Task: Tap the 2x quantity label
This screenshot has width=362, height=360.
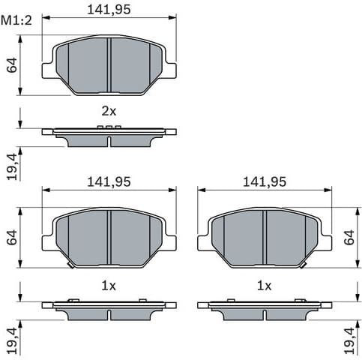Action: coord(109,111)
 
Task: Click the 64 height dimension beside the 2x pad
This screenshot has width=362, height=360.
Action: coord(12,65)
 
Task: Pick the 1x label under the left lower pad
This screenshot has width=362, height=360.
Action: coord(109,285)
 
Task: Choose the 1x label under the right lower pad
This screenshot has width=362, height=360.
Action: coord(264,285)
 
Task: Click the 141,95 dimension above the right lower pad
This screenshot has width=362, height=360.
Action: coord(264,182)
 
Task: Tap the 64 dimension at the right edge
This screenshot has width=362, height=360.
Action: coord(349,238)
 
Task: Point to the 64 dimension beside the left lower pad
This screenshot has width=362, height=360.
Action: coord(12,238)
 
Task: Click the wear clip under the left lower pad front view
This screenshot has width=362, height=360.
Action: coord(70,265)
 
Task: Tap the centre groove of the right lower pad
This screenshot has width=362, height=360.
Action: coord(265,237)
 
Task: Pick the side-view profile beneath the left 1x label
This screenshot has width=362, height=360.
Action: coord(109,308)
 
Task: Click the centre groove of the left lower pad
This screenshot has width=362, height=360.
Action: coord(109,237)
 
